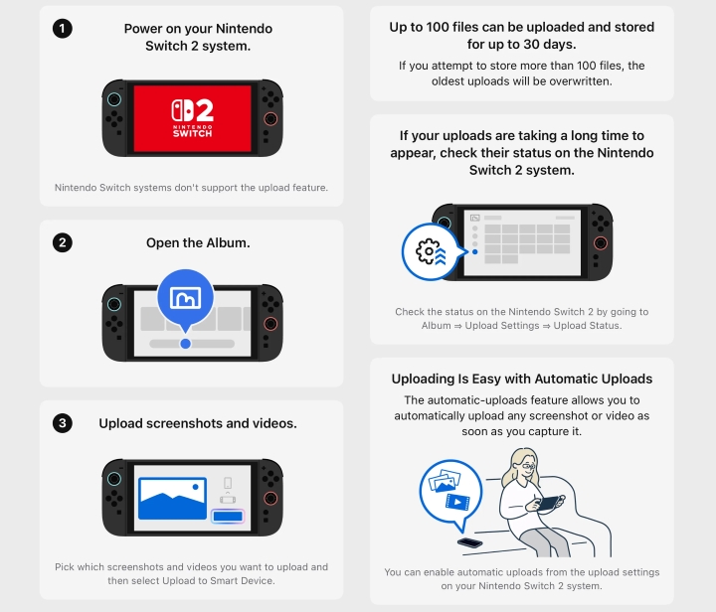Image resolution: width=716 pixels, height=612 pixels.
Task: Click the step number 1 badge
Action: [63, 29]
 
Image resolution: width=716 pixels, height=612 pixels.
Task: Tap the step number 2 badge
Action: [63, 242]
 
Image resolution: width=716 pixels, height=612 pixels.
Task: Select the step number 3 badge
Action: [63, 423]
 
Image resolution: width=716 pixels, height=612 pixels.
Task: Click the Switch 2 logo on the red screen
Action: [192, 117]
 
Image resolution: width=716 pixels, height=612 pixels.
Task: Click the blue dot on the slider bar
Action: [185, 344]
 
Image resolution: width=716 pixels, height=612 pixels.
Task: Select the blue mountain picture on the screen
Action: [172, 499]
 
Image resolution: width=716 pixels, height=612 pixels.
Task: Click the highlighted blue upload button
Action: [228, 516]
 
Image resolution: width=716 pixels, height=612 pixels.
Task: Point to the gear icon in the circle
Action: [428, 250]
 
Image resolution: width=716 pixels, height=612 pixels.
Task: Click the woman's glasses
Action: [529, 467]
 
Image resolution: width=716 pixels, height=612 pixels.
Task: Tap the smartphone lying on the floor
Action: [469, 542]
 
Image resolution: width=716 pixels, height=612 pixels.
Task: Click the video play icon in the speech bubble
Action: [457, 502]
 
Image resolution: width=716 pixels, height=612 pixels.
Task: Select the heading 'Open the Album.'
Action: [198, 243]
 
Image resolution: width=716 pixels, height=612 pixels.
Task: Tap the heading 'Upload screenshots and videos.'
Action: [198, 423]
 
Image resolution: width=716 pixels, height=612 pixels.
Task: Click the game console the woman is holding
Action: [549, 503]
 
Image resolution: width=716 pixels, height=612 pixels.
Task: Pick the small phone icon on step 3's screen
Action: [228, 483]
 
